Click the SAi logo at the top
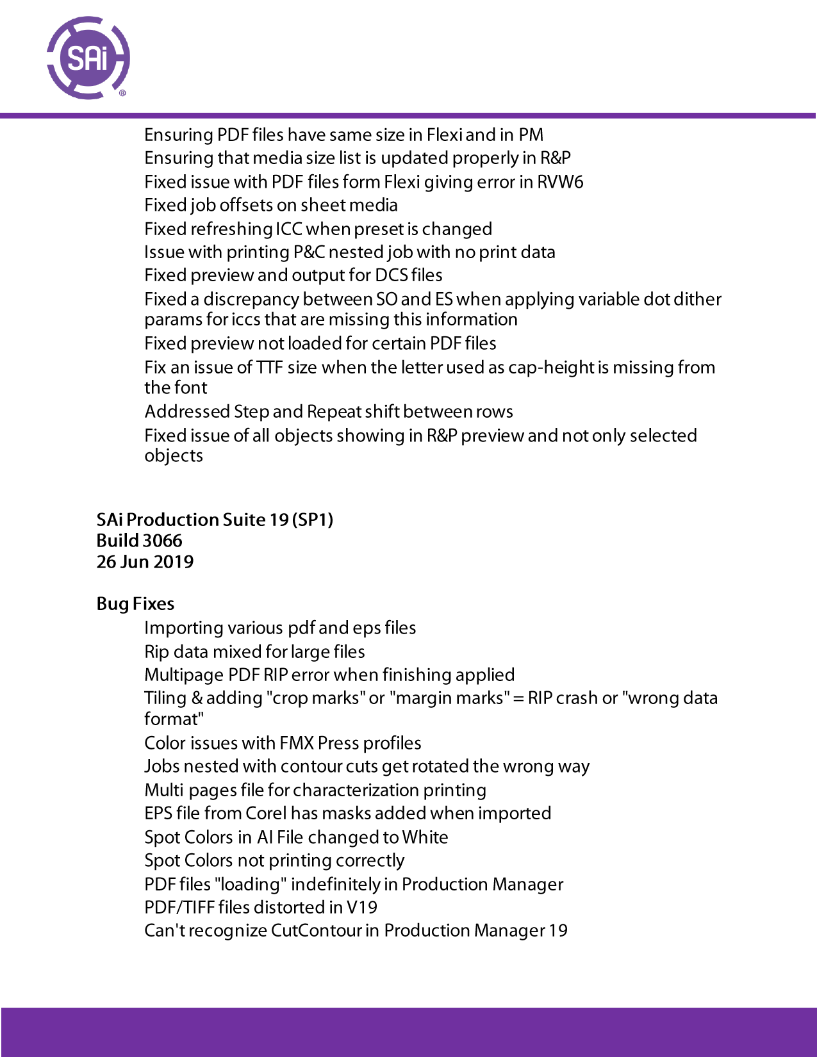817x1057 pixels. [x=88, y=58]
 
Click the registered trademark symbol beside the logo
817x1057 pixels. [x=123, y=94]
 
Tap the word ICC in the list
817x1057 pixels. [x=288, y=229]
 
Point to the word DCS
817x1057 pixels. [x=391, y=275]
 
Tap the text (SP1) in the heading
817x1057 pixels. [x=313, y=520]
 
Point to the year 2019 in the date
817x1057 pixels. [x=174, y=562]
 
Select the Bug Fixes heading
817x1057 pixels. [x=135, y=604]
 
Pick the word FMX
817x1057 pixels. [x=297, y=743]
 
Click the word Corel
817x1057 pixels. [x=266, y=814]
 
